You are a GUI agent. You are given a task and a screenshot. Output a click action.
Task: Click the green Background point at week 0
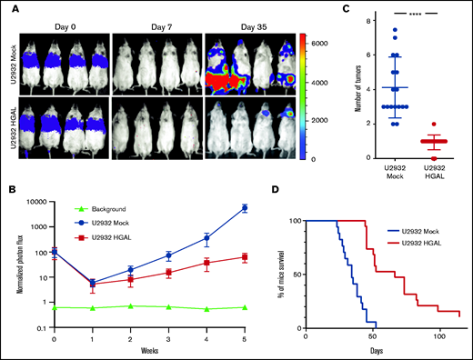pyautogui.click(x=55, y=308)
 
